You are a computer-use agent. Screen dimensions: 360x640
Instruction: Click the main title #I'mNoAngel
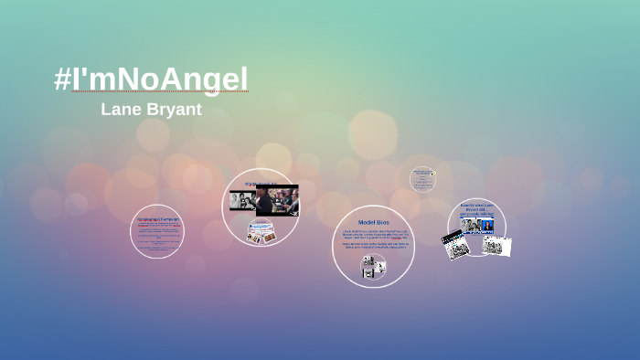click(x=151, y=79)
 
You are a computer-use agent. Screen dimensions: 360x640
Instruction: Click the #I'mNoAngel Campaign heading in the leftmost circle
click(x=157, y=219)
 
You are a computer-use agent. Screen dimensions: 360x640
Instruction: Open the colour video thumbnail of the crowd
click(x=277, y=201)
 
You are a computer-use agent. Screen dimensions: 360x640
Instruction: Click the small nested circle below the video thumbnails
click(x=261, y=234)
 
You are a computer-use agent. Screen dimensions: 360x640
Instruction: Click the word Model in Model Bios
click(x=366, y=222)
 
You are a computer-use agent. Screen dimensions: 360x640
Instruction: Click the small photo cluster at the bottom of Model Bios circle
click(x=373, y=266)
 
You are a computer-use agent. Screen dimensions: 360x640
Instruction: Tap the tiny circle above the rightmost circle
click(x=421, y=179)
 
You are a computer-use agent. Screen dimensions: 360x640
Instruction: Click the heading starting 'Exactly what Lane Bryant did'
click(x=476, y=209)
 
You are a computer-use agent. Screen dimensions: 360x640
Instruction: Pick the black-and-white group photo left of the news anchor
click(x=467, y=226)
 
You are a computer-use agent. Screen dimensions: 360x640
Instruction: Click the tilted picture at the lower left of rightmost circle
click(x=454, y=245)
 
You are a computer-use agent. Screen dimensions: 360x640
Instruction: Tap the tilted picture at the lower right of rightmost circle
click(x=496, y=245)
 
